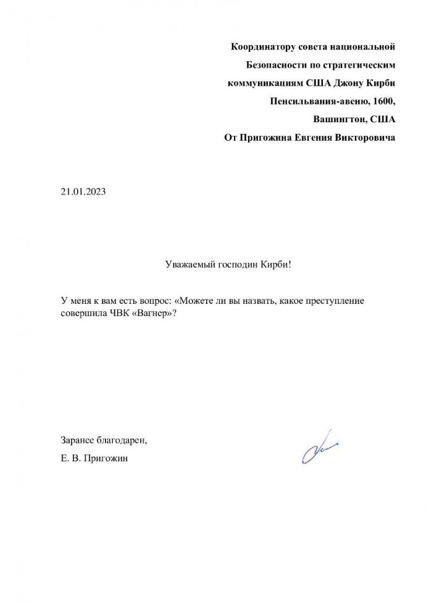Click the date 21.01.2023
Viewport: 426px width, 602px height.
[x=83, y=191]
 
